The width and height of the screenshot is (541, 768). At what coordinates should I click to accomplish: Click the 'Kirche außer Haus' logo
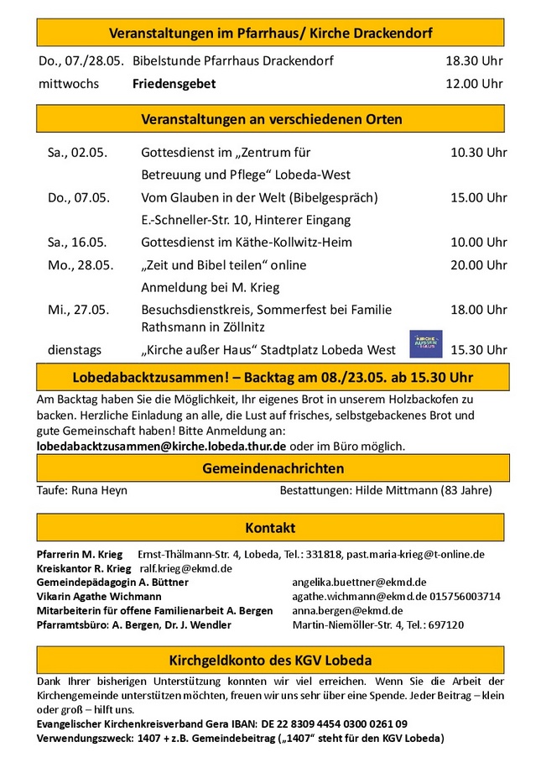tap(425, 344)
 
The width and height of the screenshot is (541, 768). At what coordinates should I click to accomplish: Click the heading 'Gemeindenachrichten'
tap(273, 468)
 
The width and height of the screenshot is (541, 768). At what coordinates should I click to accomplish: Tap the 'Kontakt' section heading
tap(270, 528)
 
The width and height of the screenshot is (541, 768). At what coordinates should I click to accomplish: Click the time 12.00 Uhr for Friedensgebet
tap(474, 83)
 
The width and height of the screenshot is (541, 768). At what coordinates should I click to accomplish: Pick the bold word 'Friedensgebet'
tap(174, 83)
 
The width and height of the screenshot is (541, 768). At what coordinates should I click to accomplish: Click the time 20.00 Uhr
tap(478, 265)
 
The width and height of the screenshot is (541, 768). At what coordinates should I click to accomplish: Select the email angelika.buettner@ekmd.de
tap(359, 582)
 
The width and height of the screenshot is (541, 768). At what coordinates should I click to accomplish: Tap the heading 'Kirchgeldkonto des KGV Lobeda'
tap(270, 660)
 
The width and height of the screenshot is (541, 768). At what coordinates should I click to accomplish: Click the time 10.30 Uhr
tap(478, 153)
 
